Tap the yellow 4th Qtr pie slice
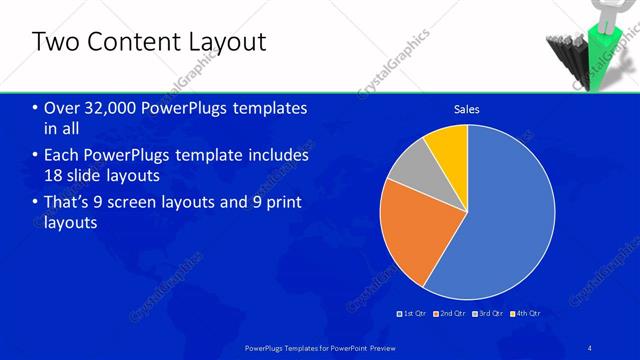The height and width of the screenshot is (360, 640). [448, 145]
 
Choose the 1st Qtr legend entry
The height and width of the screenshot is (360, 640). [412, 313]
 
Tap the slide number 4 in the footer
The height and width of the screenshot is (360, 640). [591, 346]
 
